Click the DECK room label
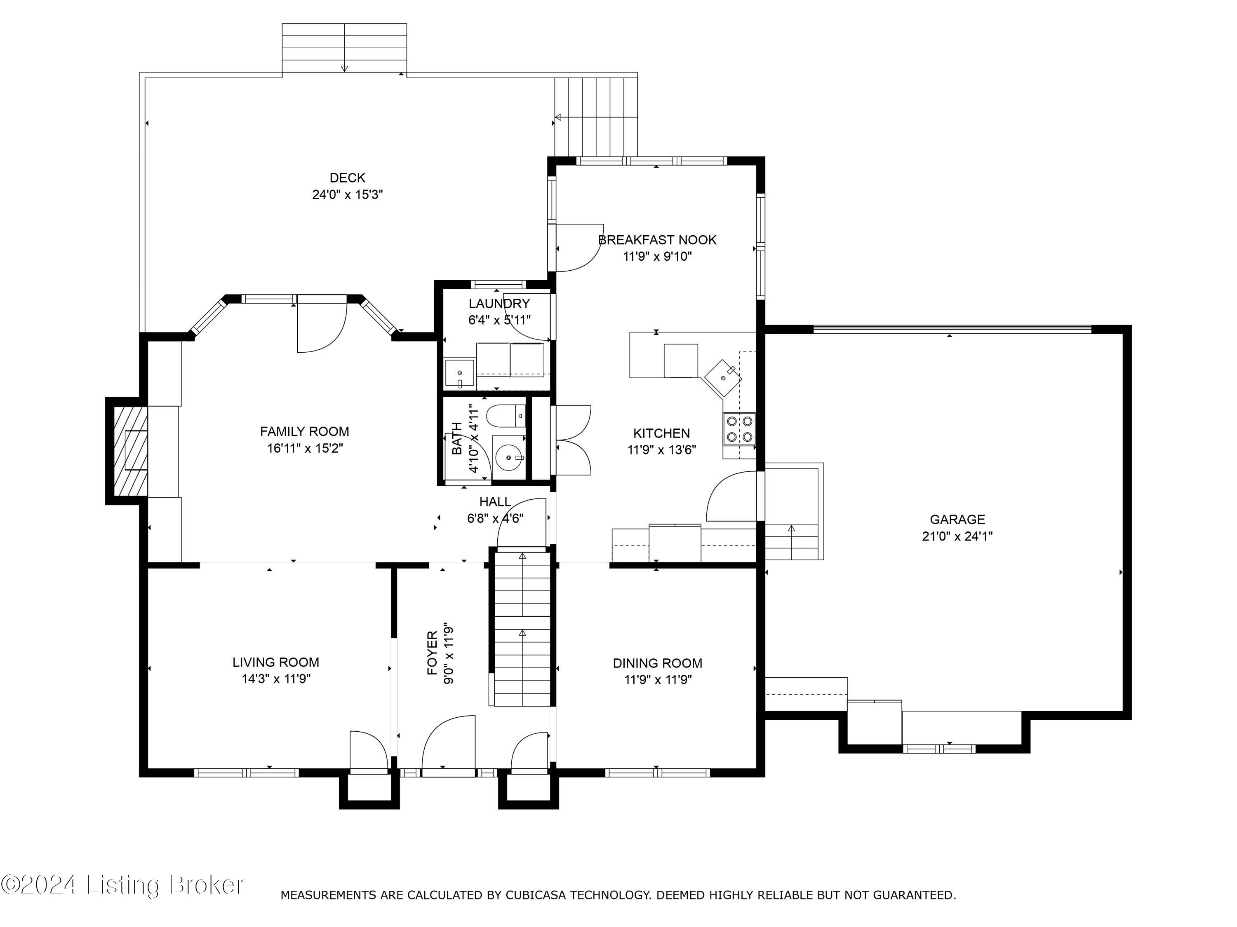(x=347, y=178)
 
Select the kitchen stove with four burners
(x=739, y=428)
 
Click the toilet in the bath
(x=506, y=416)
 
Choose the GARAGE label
(x=957, y=519)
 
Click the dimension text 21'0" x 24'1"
(x=957, y=536)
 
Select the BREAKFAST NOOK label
(x=657, y=240)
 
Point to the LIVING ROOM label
(x=276, y=662)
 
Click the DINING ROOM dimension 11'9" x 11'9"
(x=658, y=679)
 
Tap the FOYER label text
(x=432, y=653)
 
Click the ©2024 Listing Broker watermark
(x=122, y=885)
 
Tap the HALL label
(x=495, y=502)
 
